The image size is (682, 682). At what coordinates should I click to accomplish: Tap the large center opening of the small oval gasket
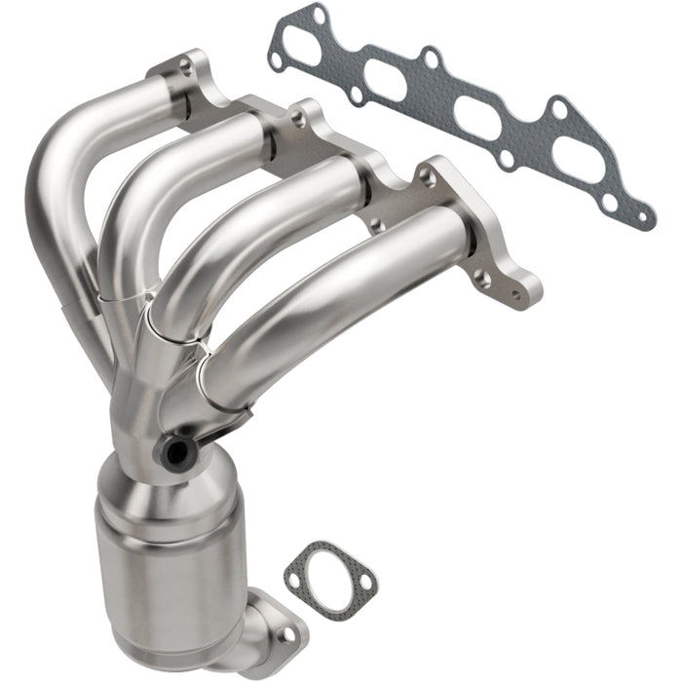tap(330, 576)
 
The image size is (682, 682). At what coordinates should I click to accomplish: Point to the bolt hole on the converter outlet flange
tap(285, 634)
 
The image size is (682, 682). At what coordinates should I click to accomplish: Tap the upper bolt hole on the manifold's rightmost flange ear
tap(425, 176)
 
